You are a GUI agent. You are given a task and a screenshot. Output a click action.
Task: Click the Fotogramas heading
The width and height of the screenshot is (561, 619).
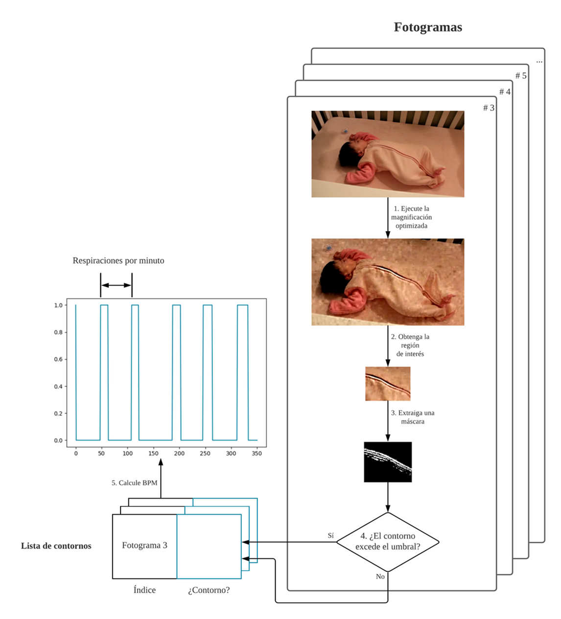point(428,27)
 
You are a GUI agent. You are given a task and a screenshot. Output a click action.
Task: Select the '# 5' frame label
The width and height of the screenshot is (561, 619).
point(521,76)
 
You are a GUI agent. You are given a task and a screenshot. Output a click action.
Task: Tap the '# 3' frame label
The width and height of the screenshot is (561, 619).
point(489,108)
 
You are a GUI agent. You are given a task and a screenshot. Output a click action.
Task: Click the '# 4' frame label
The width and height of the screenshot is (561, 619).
point(505,92)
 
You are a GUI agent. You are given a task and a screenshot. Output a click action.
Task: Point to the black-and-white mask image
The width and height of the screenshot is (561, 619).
point(388,462)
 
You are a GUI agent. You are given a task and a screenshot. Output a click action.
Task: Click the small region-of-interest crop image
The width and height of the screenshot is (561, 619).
point(388,384)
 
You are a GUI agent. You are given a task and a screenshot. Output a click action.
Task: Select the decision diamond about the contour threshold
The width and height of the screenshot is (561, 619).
point(388,542)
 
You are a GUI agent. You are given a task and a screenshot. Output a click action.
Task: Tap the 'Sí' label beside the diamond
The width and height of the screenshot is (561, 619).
point(331,536)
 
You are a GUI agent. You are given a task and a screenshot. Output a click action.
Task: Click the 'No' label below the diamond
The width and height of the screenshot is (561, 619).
point(380,577)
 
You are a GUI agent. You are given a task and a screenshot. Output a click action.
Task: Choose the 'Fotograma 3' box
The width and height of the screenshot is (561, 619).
point(144,546)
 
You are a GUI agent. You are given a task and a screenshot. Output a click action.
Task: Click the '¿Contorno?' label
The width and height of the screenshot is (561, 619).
point(209,590)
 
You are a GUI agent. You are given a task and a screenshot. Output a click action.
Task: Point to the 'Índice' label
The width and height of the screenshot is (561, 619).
point(144,590)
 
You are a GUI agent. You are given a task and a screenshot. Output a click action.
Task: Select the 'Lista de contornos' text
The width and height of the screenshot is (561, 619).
point(56,546)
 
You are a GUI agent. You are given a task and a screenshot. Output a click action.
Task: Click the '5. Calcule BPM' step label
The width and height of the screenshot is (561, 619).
point(135,483)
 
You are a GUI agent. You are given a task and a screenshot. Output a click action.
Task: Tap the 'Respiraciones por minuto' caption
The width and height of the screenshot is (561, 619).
point(118,261)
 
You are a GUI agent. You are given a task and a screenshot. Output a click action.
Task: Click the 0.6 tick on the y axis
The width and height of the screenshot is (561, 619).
point(58,359)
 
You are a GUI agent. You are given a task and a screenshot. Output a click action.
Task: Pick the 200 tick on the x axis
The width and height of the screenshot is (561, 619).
point(179,454)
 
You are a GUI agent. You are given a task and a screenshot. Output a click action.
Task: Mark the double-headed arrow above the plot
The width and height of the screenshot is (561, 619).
point(117,285)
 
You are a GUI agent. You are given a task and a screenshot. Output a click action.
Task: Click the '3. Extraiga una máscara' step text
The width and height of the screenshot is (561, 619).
point(413,417)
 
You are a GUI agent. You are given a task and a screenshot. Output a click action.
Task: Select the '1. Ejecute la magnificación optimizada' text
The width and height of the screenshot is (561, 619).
point(411,217)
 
